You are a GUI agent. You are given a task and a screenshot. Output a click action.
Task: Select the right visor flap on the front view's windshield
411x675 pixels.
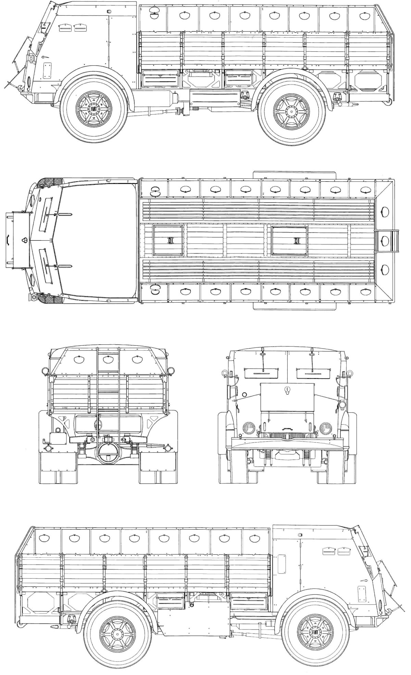(x=313, y=371)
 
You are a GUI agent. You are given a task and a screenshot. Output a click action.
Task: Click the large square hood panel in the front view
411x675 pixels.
(x=287, y=397)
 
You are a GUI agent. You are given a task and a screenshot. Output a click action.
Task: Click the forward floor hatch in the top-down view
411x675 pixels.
(x=169, y=240)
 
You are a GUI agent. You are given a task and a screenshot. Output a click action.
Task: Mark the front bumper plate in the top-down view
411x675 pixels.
(x=16, y=240)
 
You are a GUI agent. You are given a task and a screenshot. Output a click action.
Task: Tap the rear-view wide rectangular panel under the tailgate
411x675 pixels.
(x=108, y=424)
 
